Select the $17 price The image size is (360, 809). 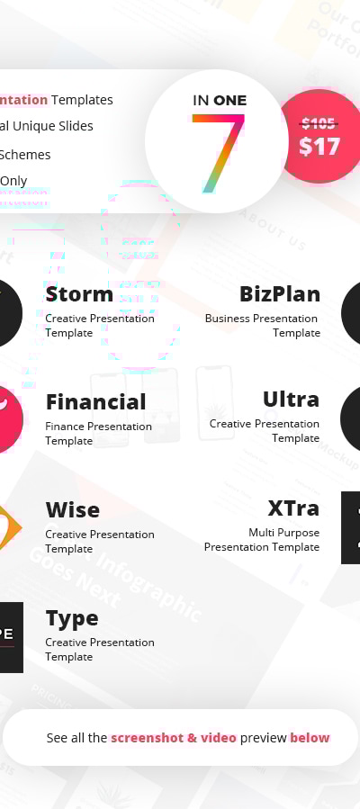click(319, 146)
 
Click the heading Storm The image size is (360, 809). click(79, 294)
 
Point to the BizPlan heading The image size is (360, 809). click(280, 294)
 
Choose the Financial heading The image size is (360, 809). click(95, 402)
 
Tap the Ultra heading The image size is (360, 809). click(291, 400)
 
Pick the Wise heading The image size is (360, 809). click(72, 510)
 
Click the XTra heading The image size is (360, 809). click(293, 508)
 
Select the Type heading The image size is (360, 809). click(72, 618)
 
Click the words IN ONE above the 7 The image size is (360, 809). click(220, 100)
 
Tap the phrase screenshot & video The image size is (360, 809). click(174, 738)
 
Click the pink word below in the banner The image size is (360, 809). click(310, 738)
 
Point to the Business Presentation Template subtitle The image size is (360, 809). click(263, 325)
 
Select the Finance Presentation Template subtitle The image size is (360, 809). click(98, 433)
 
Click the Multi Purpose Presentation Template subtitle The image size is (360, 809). click(262, 539)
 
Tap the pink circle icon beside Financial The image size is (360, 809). click(8, 418)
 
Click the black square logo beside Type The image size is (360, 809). click(9, 636)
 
